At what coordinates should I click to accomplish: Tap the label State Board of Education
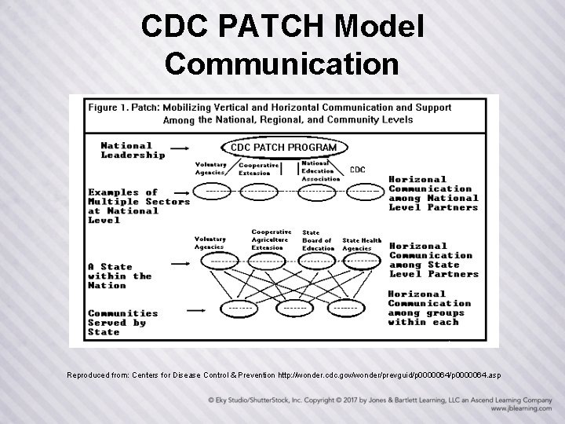(317, 240)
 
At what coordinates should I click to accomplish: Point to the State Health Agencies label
(362, 244)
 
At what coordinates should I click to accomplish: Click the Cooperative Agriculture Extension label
(272, 239)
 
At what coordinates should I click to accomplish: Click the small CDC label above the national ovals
(357, 170)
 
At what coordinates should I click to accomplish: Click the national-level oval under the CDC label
(363, 190)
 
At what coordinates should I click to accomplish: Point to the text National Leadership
(133, 150)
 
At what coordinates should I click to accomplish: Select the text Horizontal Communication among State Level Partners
(433, 260)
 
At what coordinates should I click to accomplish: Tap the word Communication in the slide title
(282, 64)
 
